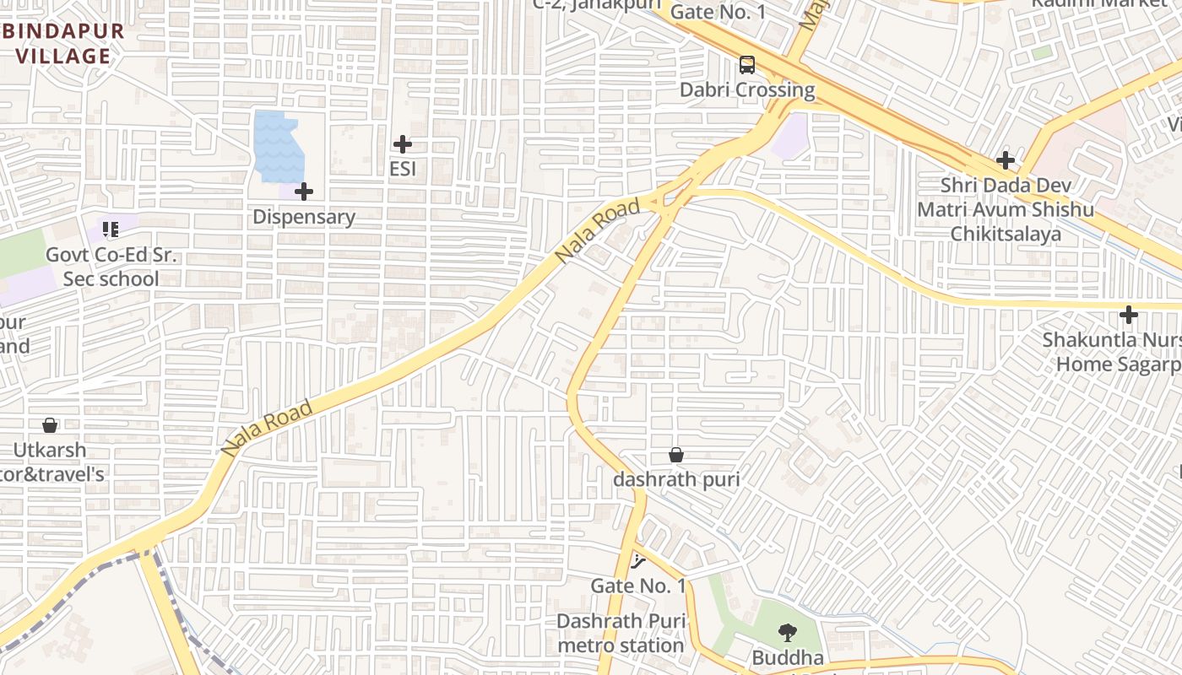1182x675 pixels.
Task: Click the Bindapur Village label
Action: [62, 44]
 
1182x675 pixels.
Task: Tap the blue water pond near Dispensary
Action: [275, 145]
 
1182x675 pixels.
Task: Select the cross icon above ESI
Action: [403, 144]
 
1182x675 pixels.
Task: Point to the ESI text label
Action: [403, 169]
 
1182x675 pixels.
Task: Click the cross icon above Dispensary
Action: [304, 192]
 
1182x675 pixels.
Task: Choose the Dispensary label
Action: [304, 217]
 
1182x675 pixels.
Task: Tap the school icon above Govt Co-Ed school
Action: [110, 229]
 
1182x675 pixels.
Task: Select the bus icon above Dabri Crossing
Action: [747, 65]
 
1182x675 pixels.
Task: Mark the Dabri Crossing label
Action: [747, 89]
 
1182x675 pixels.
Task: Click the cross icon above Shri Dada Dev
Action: [1005, 159]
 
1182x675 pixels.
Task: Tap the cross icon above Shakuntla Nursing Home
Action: [1128, 315]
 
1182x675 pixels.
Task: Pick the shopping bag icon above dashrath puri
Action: [676, 455]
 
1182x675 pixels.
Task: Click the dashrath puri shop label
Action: [676, 479]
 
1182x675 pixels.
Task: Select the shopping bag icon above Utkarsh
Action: [50, 425]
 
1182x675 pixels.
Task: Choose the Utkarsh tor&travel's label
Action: [51, 462]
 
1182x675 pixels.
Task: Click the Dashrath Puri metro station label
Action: [621, 634]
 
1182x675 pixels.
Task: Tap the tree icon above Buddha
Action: [787, 633]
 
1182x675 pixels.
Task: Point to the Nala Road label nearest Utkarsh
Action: [267, 429]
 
